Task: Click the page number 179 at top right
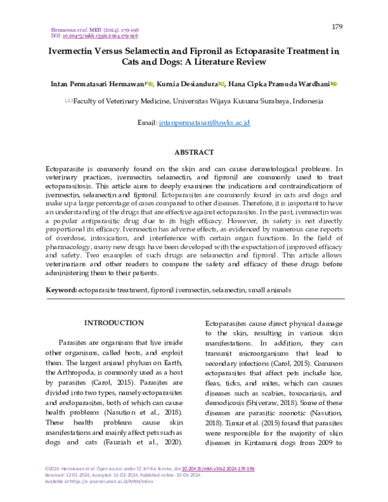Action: click(336, 27)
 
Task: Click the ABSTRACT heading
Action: click(194, 152)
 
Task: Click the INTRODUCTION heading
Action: click(114, 323)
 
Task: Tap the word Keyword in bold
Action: click(61, 290)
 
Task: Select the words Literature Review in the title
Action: click(230, 63)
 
